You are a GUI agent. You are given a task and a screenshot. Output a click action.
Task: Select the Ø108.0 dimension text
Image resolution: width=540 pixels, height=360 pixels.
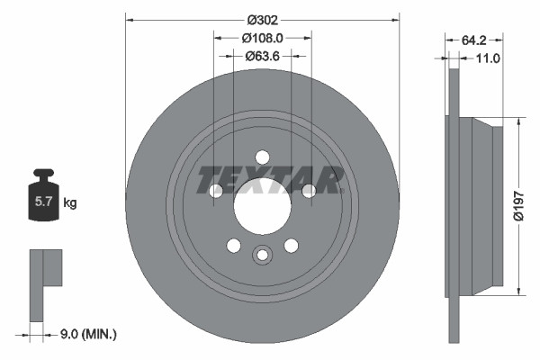[263, 38]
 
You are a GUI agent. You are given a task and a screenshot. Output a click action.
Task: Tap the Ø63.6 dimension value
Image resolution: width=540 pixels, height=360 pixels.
[263, 56]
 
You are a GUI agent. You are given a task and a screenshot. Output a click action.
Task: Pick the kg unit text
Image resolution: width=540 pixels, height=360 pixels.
[70, 203]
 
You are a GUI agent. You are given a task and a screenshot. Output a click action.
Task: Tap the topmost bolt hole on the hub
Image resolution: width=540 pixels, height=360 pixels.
[262, 156]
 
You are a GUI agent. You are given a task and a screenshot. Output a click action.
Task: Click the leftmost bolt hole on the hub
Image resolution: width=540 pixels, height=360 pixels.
[216, 190]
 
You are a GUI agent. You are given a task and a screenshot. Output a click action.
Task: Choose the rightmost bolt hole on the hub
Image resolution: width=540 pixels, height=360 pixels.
[309, 190]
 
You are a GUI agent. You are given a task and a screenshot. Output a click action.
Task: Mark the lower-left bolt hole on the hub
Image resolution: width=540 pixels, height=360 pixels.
[233, 246]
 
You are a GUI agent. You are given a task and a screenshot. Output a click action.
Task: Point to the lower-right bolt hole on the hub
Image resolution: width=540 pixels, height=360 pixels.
[291, 246]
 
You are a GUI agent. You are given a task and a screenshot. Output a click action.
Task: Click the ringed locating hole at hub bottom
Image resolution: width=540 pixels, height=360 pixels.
[262, 255]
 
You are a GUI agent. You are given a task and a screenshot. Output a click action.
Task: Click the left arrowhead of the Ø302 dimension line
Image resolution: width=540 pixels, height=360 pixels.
[129, 18]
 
